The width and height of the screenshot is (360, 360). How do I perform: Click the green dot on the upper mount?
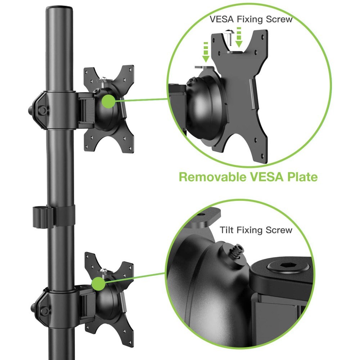click(x=109, y=102)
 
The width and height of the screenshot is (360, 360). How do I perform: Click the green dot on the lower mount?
click(x=99, y=284)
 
